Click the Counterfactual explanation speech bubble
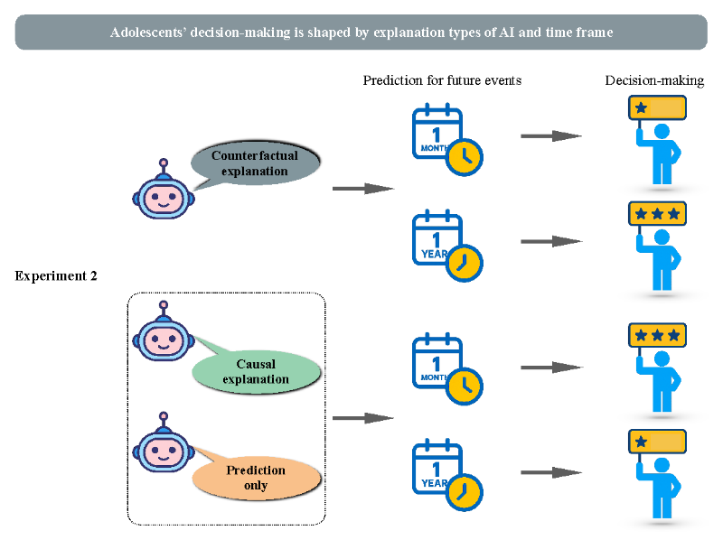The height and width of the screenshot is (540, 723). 256,163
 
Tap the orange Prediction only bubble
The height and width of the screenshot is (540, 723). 257,477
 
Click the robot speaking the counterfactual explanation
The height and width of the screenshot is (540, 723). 164,193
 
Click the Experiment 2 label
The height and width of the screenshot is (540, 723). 56,275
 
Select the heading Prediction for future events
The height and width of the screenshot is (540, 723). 442,80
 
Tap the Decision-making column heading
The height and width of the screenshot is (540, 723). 654,80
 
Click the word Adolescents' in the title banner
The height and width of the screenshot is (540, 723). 151,33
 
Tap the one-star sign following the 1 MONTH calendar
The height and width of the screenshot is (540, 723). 657,108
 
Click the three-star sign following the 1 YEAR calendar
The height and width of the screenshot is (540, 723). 657,213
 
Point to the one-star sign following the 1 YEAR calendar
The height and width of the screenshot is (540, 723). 657,442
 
